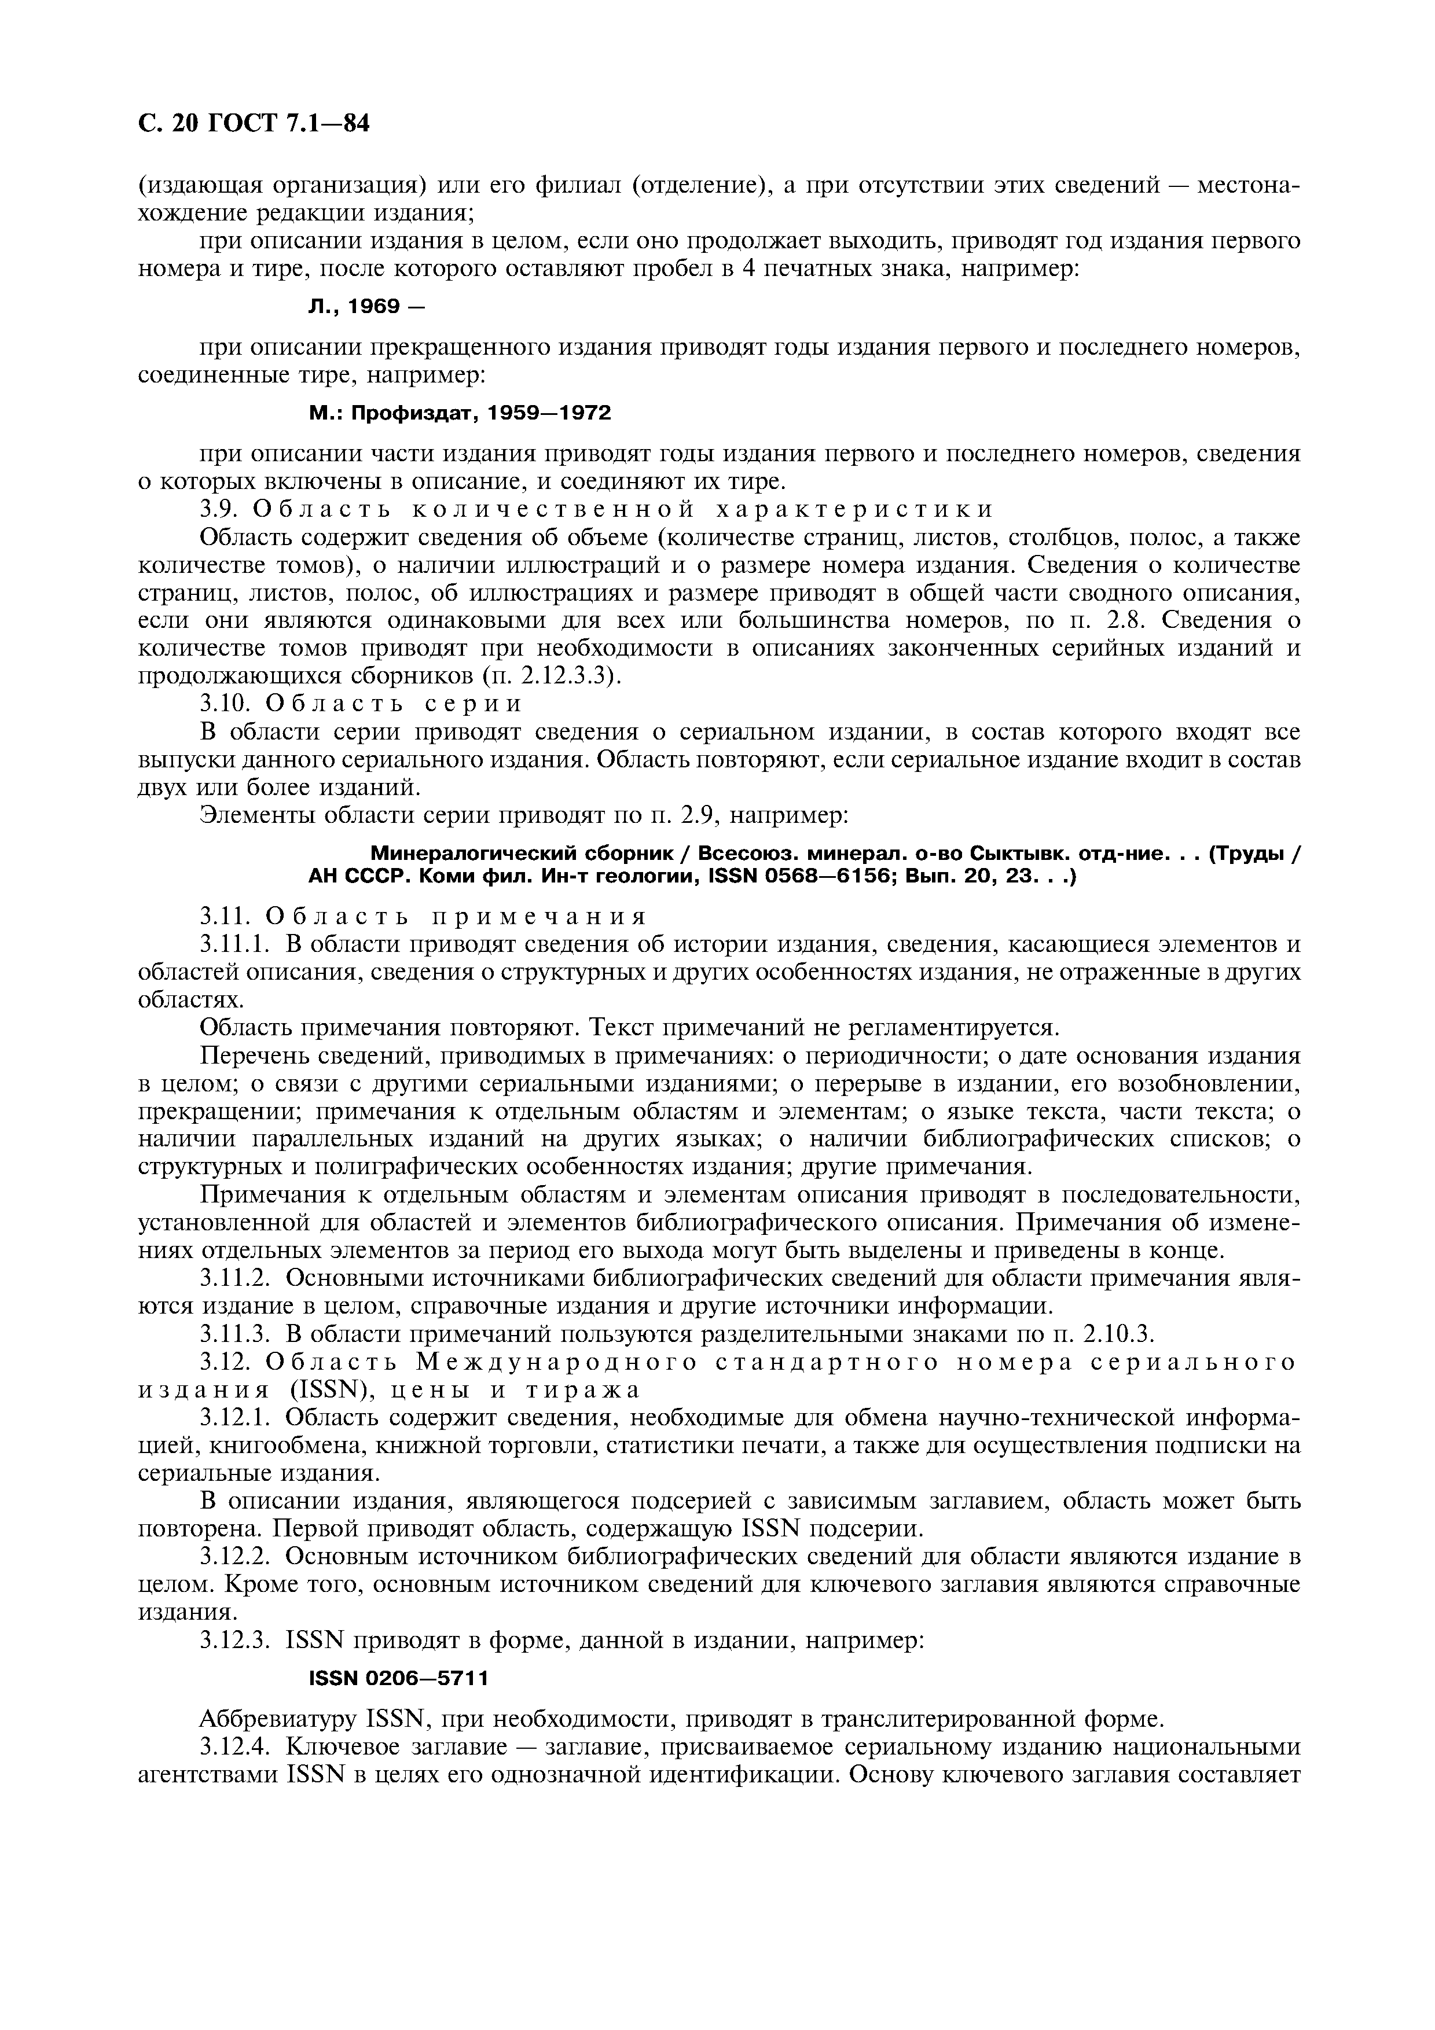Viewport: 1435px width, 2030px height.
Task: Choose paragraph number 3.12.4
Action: (233, 1746)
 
